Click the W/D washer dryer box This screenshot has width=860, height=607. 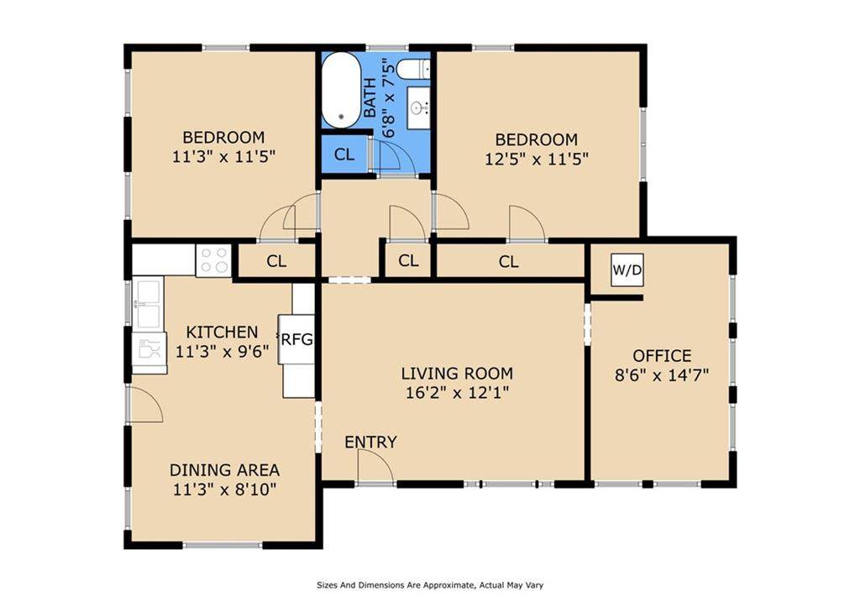627,269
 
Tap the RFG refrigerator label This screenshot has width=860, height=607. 296,339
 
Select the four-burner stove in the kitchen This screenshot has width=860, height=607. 213,260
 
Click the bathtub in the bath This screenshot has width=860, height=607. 341,91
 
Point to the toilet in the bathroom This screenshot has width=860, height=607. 413,69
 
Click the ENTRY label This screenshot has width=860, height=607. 370,442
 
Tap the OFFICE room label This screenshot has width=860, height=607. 662,356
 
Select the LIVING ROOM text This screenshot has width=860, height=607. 458,374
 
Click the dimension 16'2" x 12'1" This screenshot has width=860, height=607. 458,393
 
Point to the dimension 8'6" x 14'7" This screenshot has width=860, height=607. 662,375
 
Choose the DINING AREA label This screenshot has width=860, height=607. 224,470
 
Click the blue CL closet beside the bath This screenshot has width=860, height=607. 344,154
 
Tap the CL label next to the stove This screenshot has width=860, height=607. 276,261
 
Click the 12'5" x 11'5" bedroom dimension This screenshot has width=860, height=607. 537,159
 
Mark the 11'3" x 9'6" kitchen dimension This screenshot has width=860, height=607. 222,351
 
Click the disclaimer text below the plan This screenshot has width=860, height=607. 430,585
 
